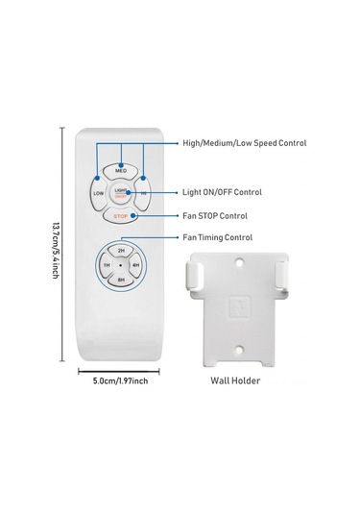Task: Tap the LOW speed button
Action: (x=100, y=193)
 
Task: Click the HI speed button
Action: (x=143, y=193)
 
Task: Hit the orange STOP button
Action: (x=121, y=217)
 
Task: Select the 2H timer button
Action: (x=121, y=250)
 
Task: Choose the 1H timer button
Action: (x=106, y=264)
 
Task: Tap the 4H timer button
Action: (x=136, y=264)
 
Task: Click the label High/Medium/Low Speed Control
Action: (x=244, y=143)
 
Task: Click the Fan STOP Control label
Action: (x=215, y=216)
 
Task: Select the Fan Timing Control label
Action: (x=218, y=237)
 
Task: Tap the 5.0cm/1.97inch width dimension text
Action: (x=120, y=381)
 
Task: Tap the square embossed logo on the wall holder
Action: (x=241, y=309)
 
